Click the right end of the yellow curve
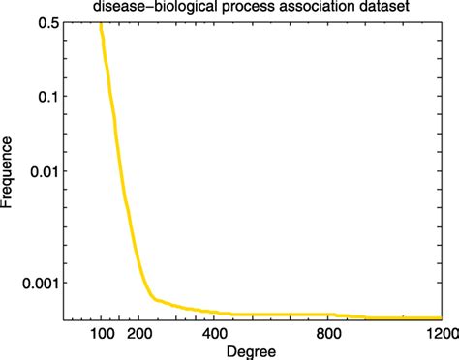coord(442,317)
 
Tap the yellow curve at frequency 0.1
coord(109,97)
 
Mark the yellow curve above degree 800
coord(328,315)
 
